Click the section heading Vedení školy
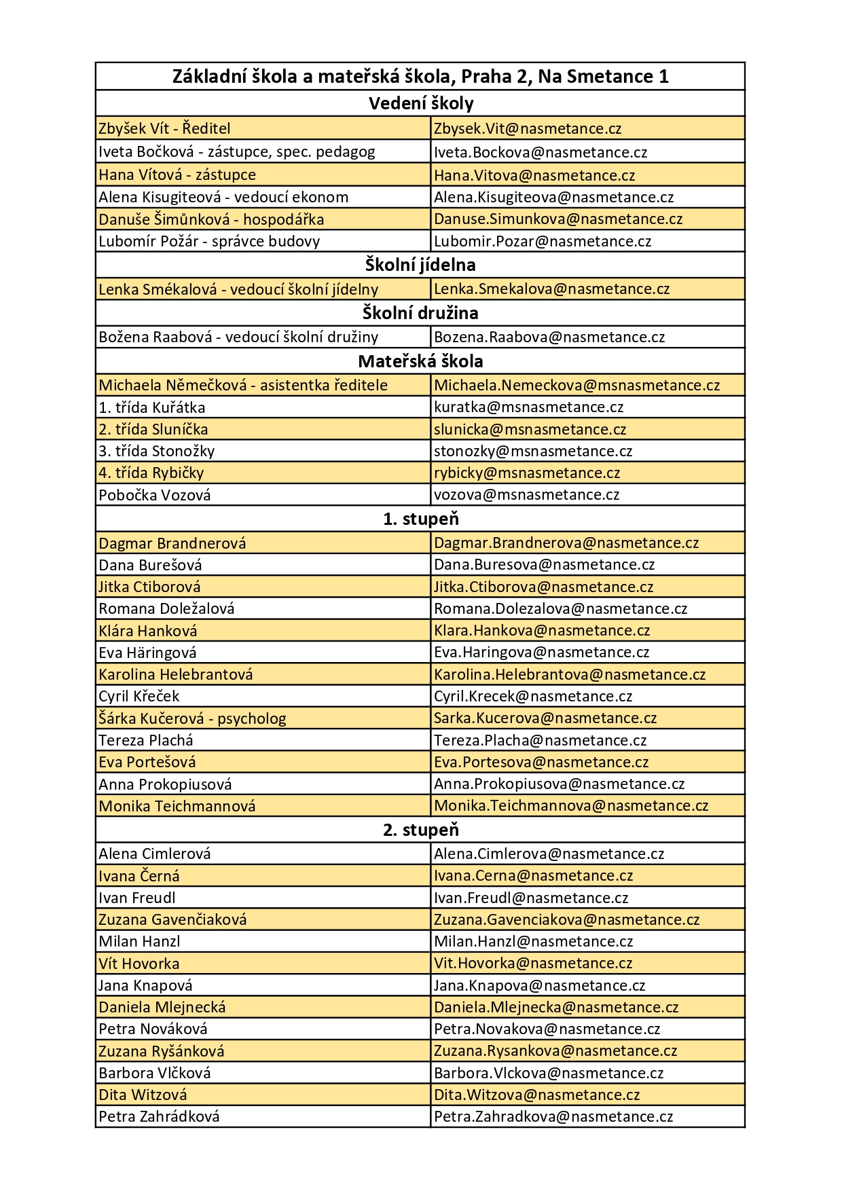[x=420, y=103]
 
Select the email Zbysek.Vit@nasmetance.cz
[x=528, y=128]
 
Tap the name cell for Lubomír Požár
[x=209, y=241]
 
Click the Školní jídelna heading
[x=420, y=265]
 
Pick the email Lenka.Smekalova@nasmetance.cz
[x=551, y=289]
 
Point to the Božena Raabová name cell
[x=238, y=337]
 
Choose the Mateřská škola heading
[x=420, y=361]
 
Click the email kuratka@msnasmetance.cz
[x=528, y=407]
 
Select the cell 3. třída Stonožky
[x=157, y=451]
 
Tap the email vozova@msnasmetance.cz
[x=526, y=494]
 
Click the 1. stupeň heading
[x=420, y=519]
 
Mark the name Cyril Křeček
[x=139, y=696]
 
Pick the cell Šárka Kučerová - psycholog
[x=192, y=718]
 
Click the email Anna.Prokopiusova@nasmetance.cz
[x=559, y=784]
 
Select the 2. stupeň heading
[x=420, y=830]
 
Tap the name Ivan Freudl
[x=137, y=898]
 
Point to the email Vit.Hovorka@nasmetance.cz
[x=533, y=963]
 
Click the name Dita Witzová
[x=143, y=1095]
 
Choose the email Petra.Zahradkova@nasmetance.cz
[x=553, y=1116]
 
